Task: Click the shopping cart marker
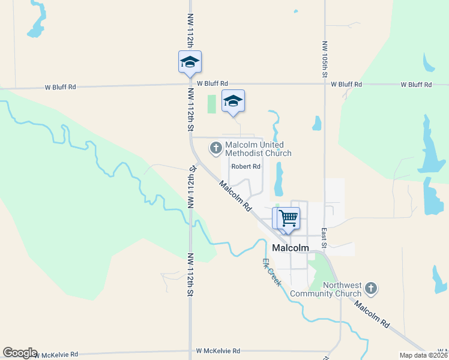pos(288,218)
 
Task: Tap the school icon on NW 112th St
pos(190,62)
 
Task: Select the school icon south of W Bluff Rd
pos(233,101)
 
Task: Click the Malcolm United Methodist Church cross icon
pos(215,147)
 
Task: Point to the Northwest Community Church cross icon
pos(371,289)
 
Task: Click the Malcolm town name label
pos(291,248)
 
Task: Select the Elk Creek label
pos(271,272)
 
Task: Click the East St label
pos(324,238)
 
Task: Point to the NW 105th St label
pos(325,59)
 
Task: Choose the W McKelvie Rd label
pos(218,351)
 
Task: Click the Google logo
pos(20,353)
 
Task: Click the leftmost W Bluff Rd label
pos(61,87)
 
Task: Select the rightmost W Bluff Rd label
pos(415,85)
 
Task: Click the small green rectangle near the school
pos(211,104)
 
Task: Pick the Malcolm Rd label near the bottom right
pos(371,314)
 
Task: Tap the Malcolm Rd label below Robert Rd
pos(235,196)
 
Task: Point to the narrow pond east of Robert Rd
pos(279,180)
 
